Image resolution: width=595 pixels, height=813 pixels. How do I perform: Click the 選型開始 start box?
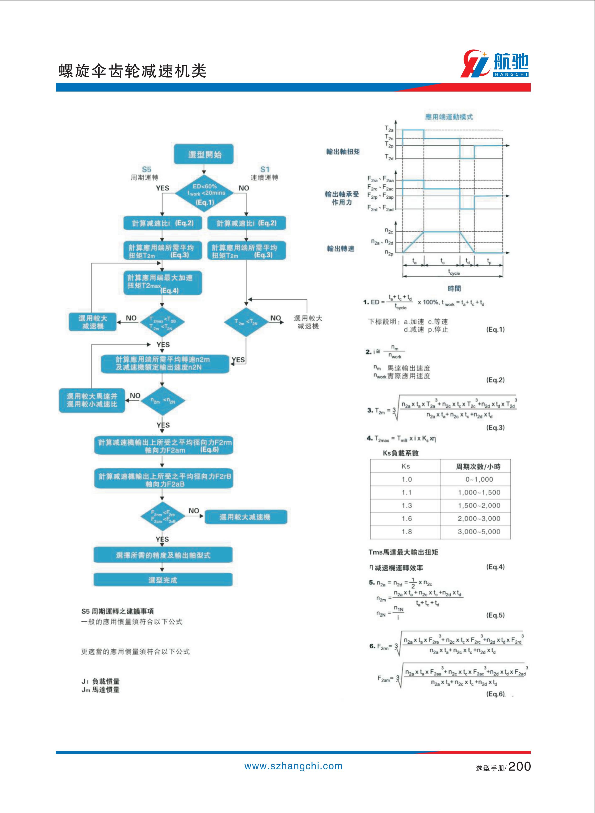(x=204, y=154)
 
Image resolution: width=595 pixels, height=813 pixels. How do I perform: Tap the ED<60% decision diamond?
(x=204, y=193)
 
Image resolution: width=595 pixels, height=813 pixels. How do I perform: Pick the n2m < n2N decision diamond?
(x=162, y=400)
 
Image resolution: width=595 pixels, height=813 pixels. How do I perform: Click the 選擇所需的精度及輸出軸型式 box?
(x=163, y=555)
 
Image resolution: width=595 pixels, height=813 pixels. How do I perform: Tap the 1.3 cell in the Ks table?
(x=406, y=505)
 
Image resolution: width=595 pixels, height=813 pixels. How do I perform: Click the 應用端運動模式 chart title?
(x=449, y=117)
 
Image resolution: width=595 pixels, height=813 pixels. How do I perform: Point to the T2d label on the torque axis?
(x=389, y=157)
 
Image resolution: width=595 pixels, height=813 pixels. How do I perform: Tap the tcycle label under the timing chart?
(x=454, y=273)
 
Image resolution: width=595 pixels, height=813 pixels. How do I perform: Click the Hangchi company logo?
(x=495, y=64)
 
